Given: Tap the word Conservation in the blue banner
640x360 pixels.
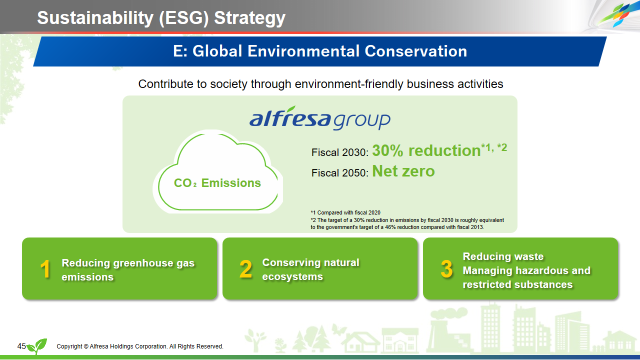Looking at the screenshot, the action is tap(415, 51).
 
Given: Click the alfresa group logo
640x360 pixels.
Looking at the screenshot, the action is tap(320, 118).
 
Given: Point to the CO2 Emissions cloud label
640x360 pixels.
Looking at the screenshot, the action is tap(217, 183).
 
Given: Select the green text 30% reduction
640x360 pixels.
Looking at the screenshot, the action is tap(426, 150).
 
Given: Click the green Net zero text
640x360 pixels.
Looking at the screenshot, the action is tap(403, 171).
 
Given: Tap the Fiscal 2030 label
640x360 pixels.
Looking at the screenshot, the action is tap(339, 152).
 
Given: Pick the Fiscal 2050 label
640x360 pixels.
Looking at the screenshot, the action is tap(339, 173).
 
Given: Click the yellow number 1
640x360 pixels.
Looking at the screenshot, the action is tap(45, 269).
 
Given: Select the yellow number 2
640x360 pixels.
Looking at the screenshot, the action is tap(245, 269).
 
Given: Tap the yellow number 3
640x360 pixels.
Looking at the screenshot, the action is tap(446, 269).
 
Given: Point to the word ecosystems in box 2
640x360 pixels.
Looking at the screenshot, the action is tap(292, 276).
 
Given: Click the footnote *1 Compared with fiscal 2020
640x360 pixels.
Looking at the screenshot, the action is tap(345, 212).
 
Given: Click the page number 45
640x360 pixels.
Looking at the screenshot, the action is tap(21, 346).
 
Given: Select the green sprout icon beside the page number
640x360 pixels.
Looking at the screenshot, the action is tap(37, 346).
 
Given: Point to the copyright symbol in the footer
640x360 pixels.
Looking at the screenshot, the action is tap(86, 346).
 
